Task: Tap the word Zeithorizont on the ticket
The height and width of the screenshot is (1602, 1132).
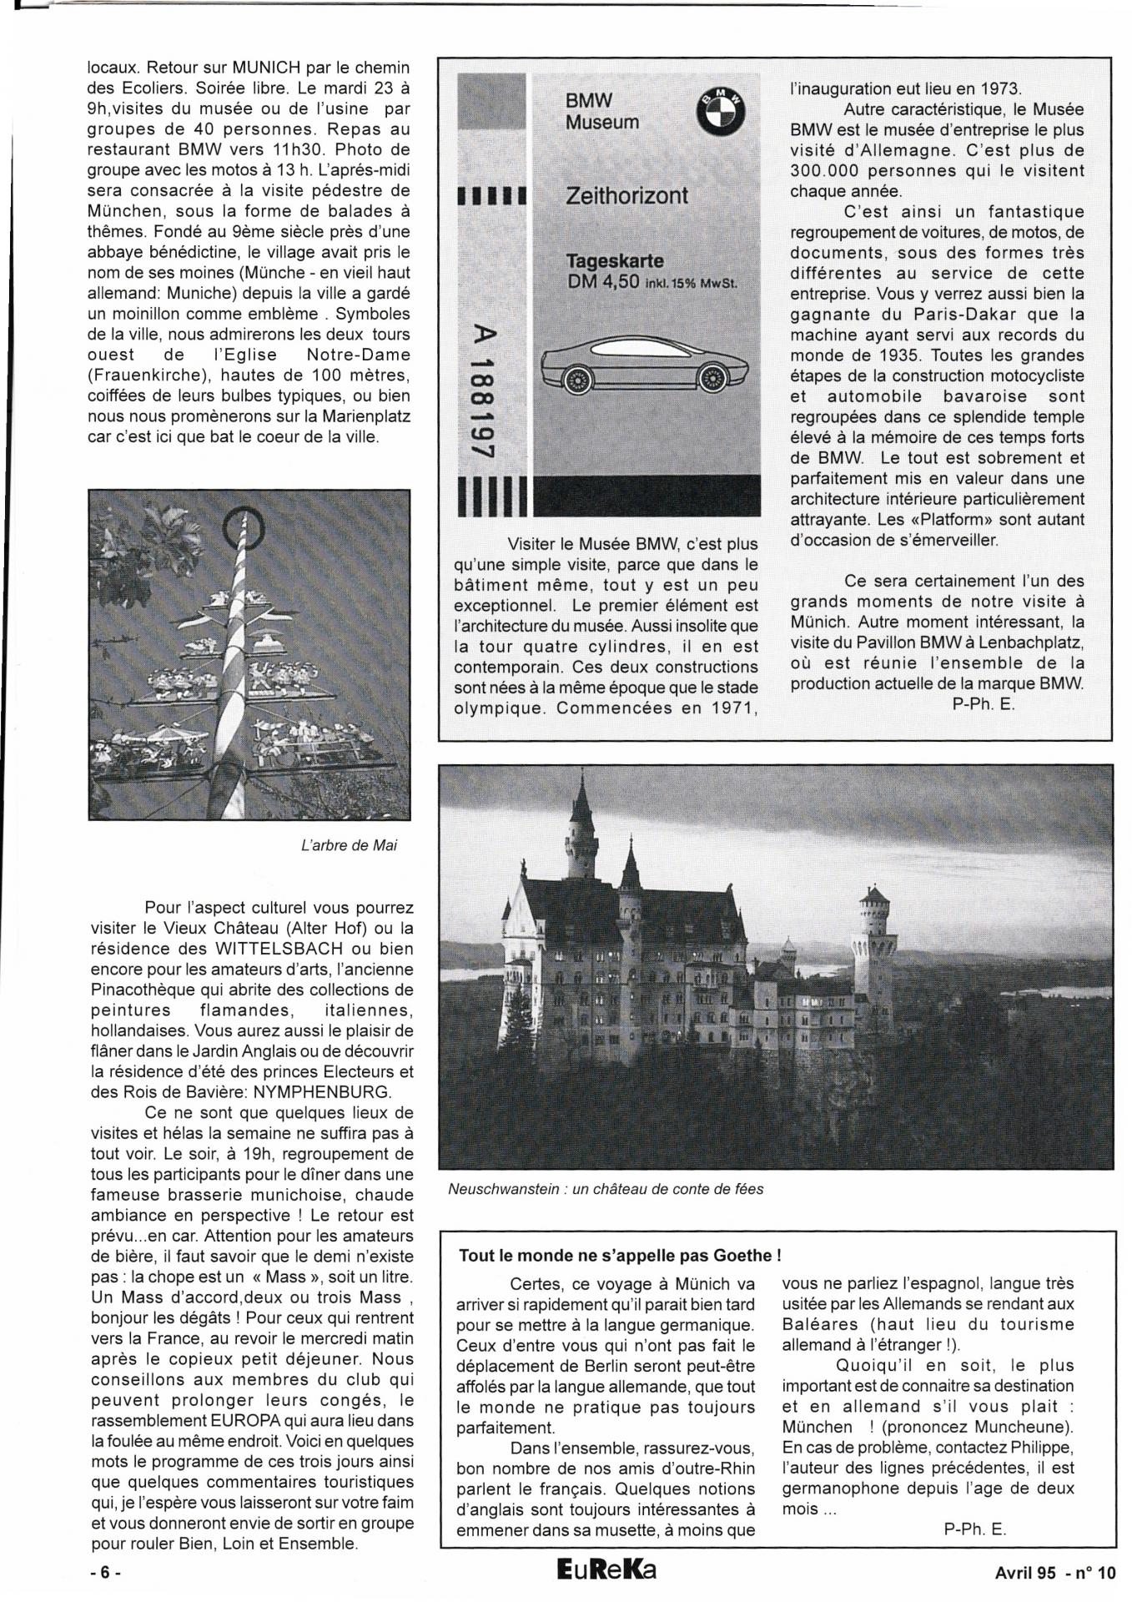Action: [626, 196]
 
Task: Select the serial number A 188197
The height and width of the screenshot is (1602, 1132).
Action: [479, 390]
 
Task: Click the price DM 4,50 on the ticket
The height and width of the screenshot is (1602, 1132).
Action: [602, 282]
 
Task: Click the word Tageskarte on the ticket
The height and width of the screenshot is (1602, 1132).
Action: [615, 261]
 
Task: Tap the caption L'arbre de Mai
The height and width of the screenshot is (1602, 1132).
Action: [349, 845]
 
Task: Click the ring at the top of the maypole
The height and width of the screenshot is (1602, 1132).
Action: [243, 526]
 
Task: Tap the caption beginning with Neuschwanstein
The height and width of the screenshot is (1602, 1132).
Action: [606, 1189]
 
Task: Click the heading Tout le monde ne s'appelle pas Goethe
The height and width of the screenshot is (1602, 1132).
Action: [620, 1256]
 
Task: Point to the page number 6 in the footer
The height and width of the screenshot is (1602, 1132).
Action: [105, 1573]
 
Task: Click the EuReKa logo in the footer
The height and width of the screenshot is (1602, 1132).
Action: [606, 1569]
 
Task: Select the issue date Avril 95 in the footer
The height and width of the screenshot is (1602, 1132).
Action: [1024, 1574]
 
